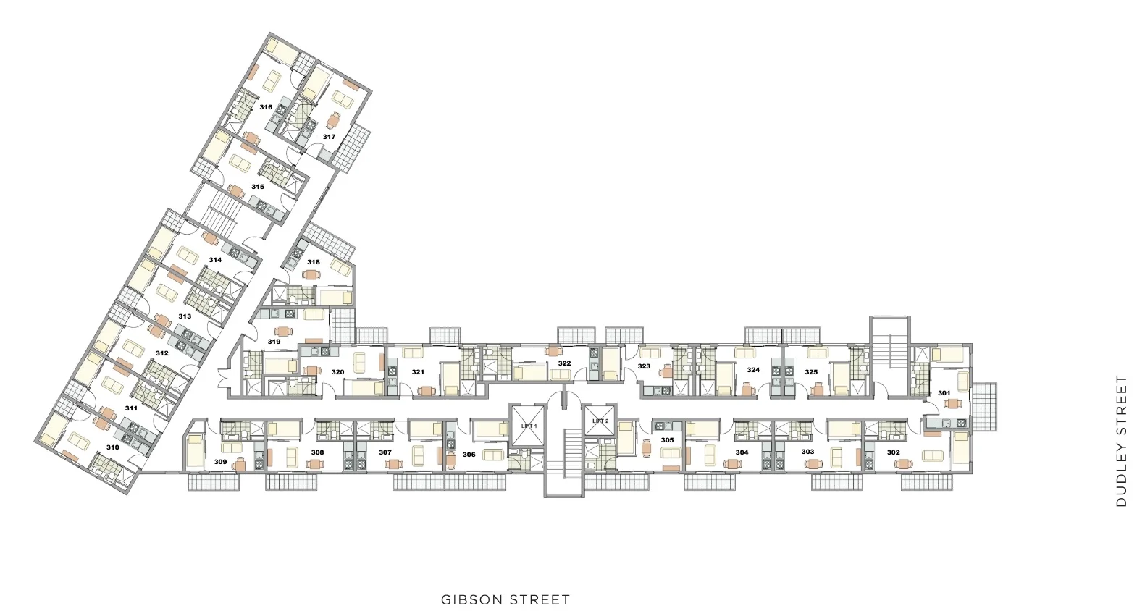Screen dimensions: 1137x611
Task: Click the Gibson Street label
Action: coord(505,600)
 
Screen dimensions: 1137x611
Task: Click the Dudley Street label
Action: coord(1121,440)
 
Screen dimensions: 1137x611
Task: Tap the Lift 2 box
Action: coord(600,419)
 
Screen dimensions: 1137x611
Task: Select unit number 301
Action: coord(944,393)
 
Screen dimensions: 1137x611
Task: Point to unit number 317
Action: coord(329,137)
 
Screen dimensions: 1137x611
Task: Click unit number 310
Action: coord(113,447)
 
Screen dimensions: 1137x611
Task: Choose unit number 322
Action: coord(564,363)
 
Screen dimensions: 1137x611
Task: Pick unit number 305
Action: coord(668,440)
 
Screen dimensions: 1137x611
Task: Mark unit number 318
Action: coord(314,262)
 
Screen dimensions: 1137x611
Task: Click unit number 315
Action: coord(258,187)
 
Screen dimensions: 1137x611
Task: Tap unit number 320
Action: coord(337,372)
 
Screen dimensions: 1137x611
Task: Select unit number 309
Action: coord(220,462)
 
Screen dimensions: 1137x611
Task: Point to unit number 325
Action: coord(811,372)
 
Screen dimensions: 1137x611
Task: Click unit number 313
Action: coord(185,316)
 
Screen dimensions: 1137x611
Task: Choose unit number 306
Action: coord(469,455)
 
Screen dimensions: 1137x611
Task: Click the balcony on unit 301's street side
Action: coord(983,406)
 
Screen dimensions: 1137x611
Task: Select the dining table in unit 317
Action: coord(333,120)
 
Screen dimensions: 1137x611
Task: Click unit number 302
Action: coord(894,452)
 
